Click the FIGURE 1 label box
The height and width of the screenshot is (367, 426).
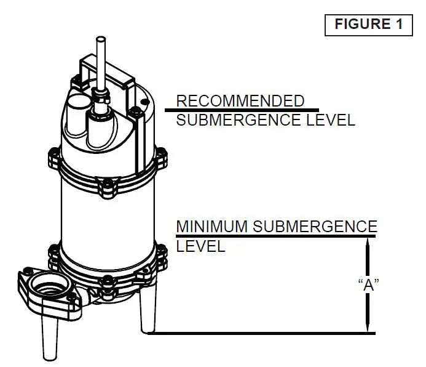(368, 24)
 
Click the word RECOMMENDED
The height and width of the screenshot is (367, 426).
(240, 101)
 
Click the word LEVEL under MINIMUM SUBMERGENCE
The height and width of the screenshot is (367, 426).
(200, 247)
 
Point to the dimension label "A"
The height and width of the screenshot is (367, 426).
(368, 284)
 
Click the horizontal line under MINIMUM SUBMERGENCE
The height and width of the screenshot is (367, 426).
(277, 236)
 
